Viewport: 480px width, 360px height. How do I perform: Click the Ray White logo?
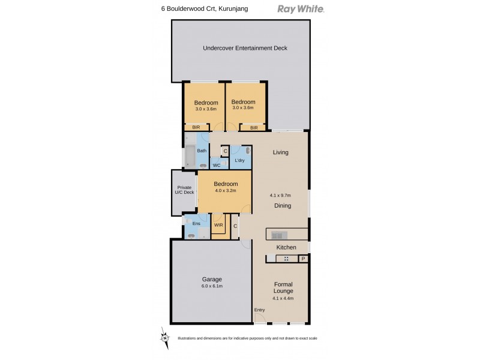pos(301,9)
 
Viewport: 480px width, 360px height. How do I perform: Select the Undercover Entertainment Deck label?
pos(241,48)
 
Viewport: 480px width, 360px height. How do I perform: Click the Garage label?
pos(212,279)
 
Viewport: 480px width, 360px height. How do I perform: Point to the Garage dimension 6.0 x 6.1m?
pos(212,286)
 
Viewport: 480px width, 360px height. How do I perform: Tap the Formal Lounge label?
pos(283,288)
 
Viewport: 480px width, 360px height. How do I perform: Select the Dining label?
pos(283,206)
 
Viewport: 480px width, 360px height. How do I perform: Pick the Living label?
pos(281,152)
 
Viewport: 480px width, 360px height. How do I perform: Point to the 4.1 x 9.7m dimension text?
pos(281,195)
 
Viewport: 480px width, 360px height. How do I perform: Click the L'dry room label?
pos(239,160)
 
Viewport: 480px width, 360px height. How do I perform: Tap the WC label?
pos(217,165)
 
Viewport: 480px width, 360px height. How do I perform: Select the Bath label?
pos(202,151)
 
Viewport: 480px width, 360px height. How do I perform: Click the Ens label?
pos(195,224)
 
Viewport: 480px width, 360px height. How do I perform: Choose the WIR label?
pos(218,226)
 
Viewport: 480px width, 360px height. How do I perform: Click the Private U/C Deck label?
pos(185,190)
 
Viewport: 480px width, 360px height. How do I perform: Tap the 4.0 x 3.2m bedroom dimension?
pos(226,191)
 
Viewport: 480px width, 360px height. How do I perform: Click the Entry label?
pos(259,310)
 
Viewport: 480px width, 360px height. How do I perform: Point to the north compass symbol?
pos(163,337)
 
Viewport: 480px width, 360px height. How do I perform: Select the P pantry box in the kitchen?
pos(303,259)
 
